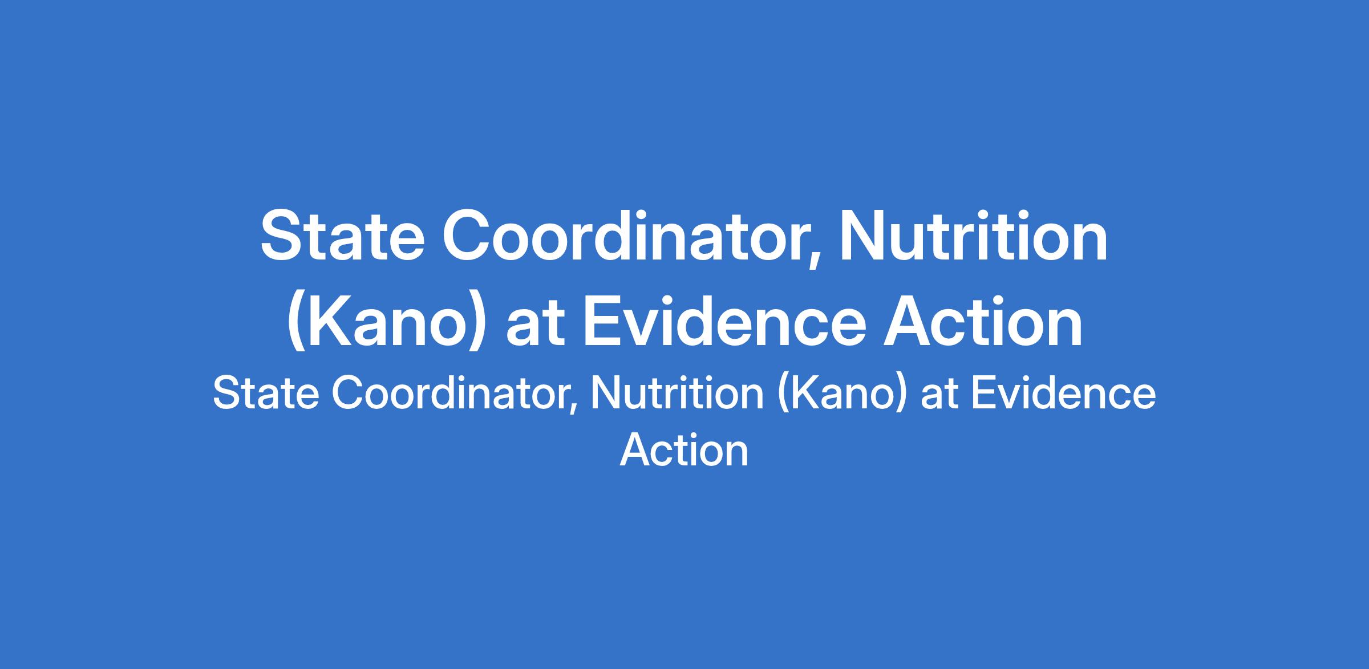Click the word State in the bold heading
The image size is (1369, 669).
pos(342,236)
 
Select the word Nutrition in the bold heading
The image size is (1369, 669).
pos(973,236)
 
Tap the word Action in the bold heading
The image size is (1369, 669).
pos(983,321)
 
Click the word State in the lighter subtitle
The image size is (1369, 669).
pos(266,394)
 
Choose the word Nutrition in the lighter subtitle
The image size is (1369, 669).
pos(676,394)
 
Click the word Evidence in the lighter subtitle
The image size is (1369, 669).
pos(1063,394)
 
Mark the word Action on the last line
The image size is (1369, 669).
pos(684,451)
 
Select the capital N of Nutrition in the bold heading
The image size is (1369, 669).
pos(861,236)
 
